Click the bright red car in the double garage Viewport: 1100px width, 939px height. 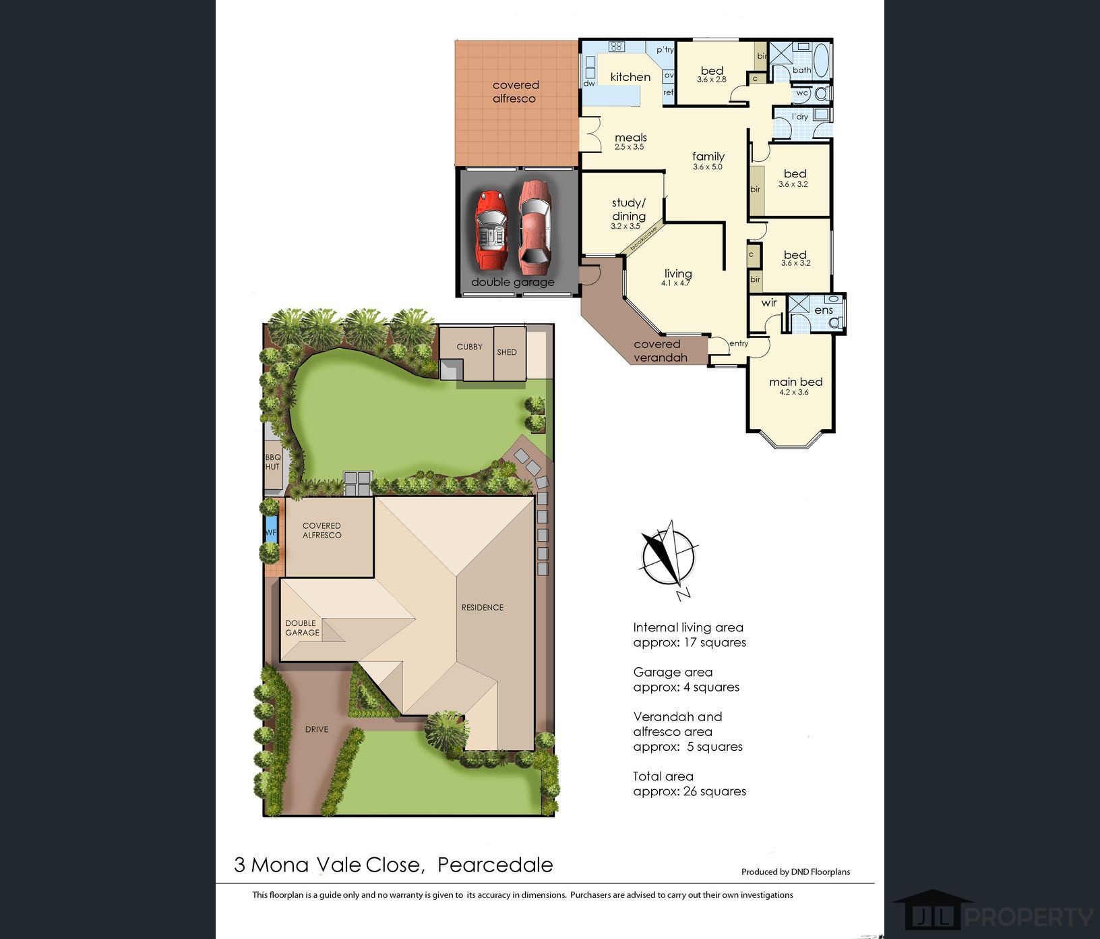[491, 230]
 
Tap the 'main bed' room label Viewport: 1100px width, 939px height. [796, 382]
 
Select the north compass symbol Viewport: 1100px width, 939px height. [669, 559]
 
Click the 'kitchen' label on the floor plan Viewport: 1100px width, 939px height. [630, 77]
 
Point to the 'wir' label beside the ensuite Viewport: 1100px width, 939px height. [769, 303]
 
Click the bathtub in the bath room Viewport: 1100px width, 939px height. [822, 61]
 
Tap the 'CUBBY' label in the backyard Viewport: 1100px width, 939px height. [469, 347]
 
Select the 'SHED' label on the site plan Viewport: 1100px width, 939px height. [507, 352]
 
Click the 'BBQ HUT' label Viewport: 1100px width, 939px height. [272, 462]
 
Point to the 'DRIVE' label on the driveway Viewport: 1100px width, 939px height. [317, 729]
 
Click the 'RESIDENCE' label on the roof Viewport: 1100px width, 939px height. [483, 607]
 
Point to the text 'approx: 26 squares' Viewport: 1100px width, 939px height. [690, 791]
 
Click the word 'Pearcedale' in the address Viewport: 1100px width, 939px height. [495, 865]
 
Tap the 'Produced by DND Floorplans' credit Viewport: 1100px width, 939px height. [795, 872]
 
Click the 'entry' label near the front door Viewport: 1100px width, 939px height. [739, 343]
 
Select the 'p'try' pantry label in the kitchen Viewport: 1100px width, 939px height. [665, 49]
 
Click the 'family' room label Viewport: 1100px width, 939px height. [708, 156]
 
